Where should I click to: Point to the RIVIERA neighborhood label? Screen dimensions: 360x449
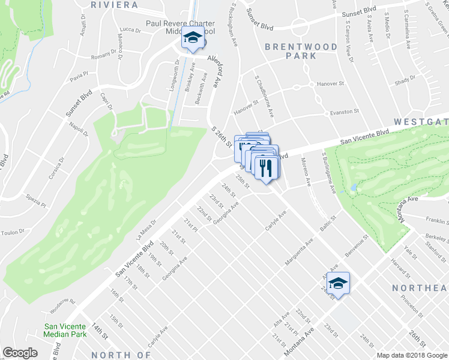tap(114, 5)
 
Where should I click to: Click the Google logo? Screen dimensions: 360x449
tap(20, 353)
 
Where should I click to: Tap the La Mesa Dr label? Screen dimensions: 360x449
tap(146, 229)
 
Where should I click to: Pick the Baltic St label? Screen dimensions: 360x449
tap(327, 228)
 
